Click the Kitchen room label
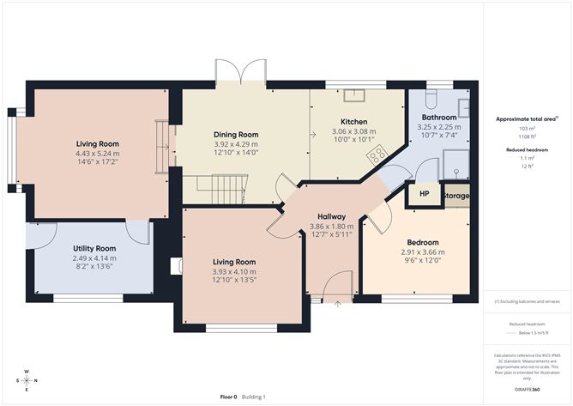[x=354, y=122]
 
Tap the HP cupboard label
[x=424, y=194]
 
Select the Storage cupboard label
[x=456, y=196]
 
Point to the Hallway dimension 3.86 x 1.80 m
[x=331, y=227]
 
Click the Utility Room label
[x=93, y=247]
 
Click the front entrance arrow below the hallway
[x=336, y=303]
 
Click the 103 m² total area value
[x=522, y=128]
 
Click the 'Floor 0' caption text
[x=228, y=397]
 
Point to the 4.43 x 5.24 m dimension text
[x=96, y=154]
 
